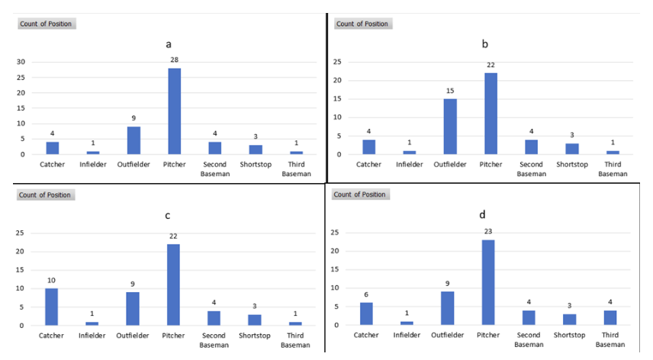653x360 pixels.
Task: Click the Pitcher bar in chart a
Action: coord(175,111)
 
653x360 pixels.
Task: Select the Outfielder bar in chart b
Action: coord(451,127)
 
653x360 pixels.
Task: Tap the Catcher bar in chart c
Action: coord(51,307)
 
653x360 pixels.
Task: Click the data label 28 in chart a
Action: coord(175,59)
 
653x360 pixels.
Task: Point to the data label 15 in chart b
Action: coord(451,92)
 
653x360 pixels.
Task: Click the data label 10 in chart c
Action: coord(51,280)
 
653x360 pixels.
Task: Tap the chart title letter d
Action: coord(482,214)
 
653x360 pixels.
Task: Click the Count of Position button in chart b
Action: coord(362,24)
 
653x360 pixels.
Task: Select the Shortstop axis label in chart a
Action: coord(256,164)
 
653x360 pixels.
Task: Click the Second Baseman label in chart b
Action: coord(532,169)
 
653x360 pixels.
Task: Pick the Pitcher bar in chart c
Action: coord(175,285)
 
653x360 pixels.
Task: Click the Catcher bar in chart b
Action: coord(370,147)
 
